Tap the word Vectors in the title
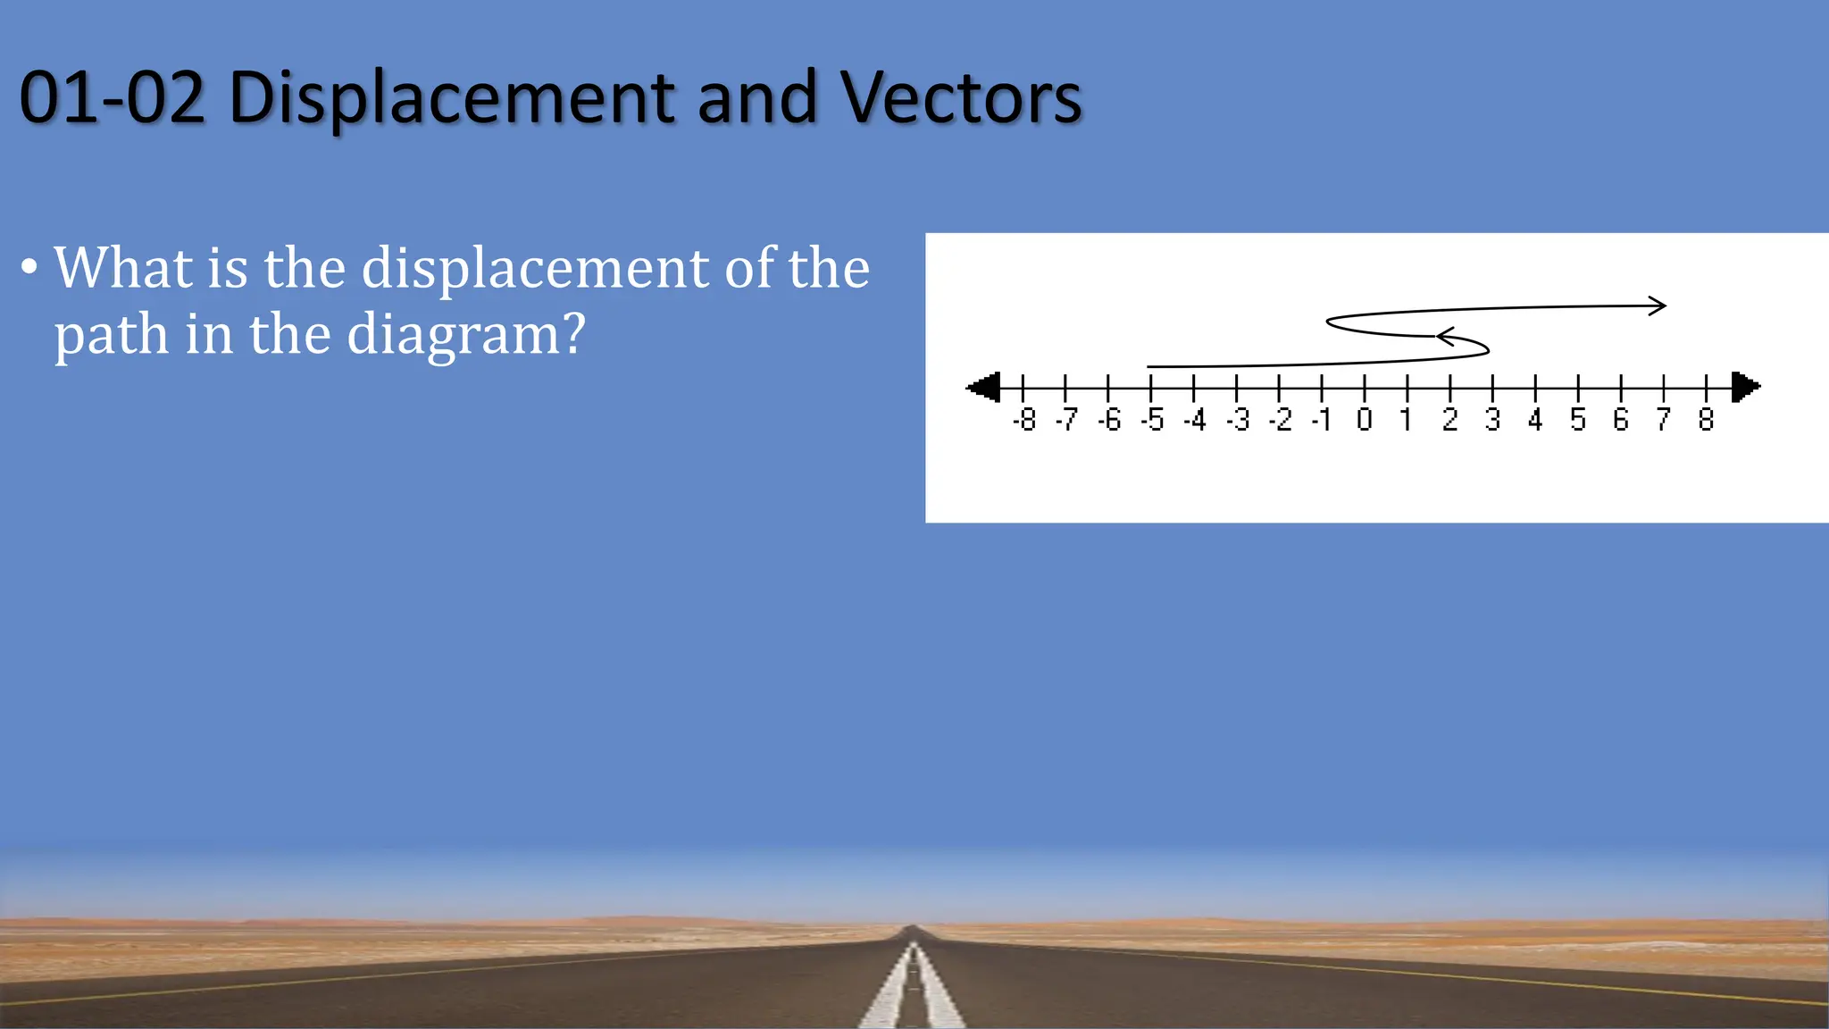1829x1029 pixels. coord(961,98)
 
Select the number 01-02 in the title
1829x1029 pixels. coord(112,98)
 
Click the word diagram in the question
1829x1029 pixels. coord(465,336)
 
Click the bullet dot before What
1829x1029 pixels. coord(29,268)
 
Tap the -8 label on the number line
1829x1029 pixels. coord(1024,420)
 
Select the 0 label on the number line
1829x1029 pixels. coord(1364,420)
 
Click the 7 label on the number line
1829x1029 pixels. coord(1663,420)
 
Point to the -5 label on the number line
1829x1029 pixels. coord(1152,420)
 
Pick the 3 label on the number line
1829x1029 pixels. coord(1492,420)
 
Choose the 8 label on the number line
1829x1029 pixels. coord(1706,420)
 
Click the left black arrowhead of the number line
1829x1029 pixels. coord(984,388)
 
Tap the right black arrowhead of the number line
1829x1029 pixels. coord(1745,388)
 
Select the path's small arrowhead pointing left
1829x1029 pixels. coord(1445,337)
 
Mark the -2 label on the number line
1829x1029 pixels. coord(1280,420)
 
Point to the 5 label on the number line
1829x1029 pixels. coord(1578,420)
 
